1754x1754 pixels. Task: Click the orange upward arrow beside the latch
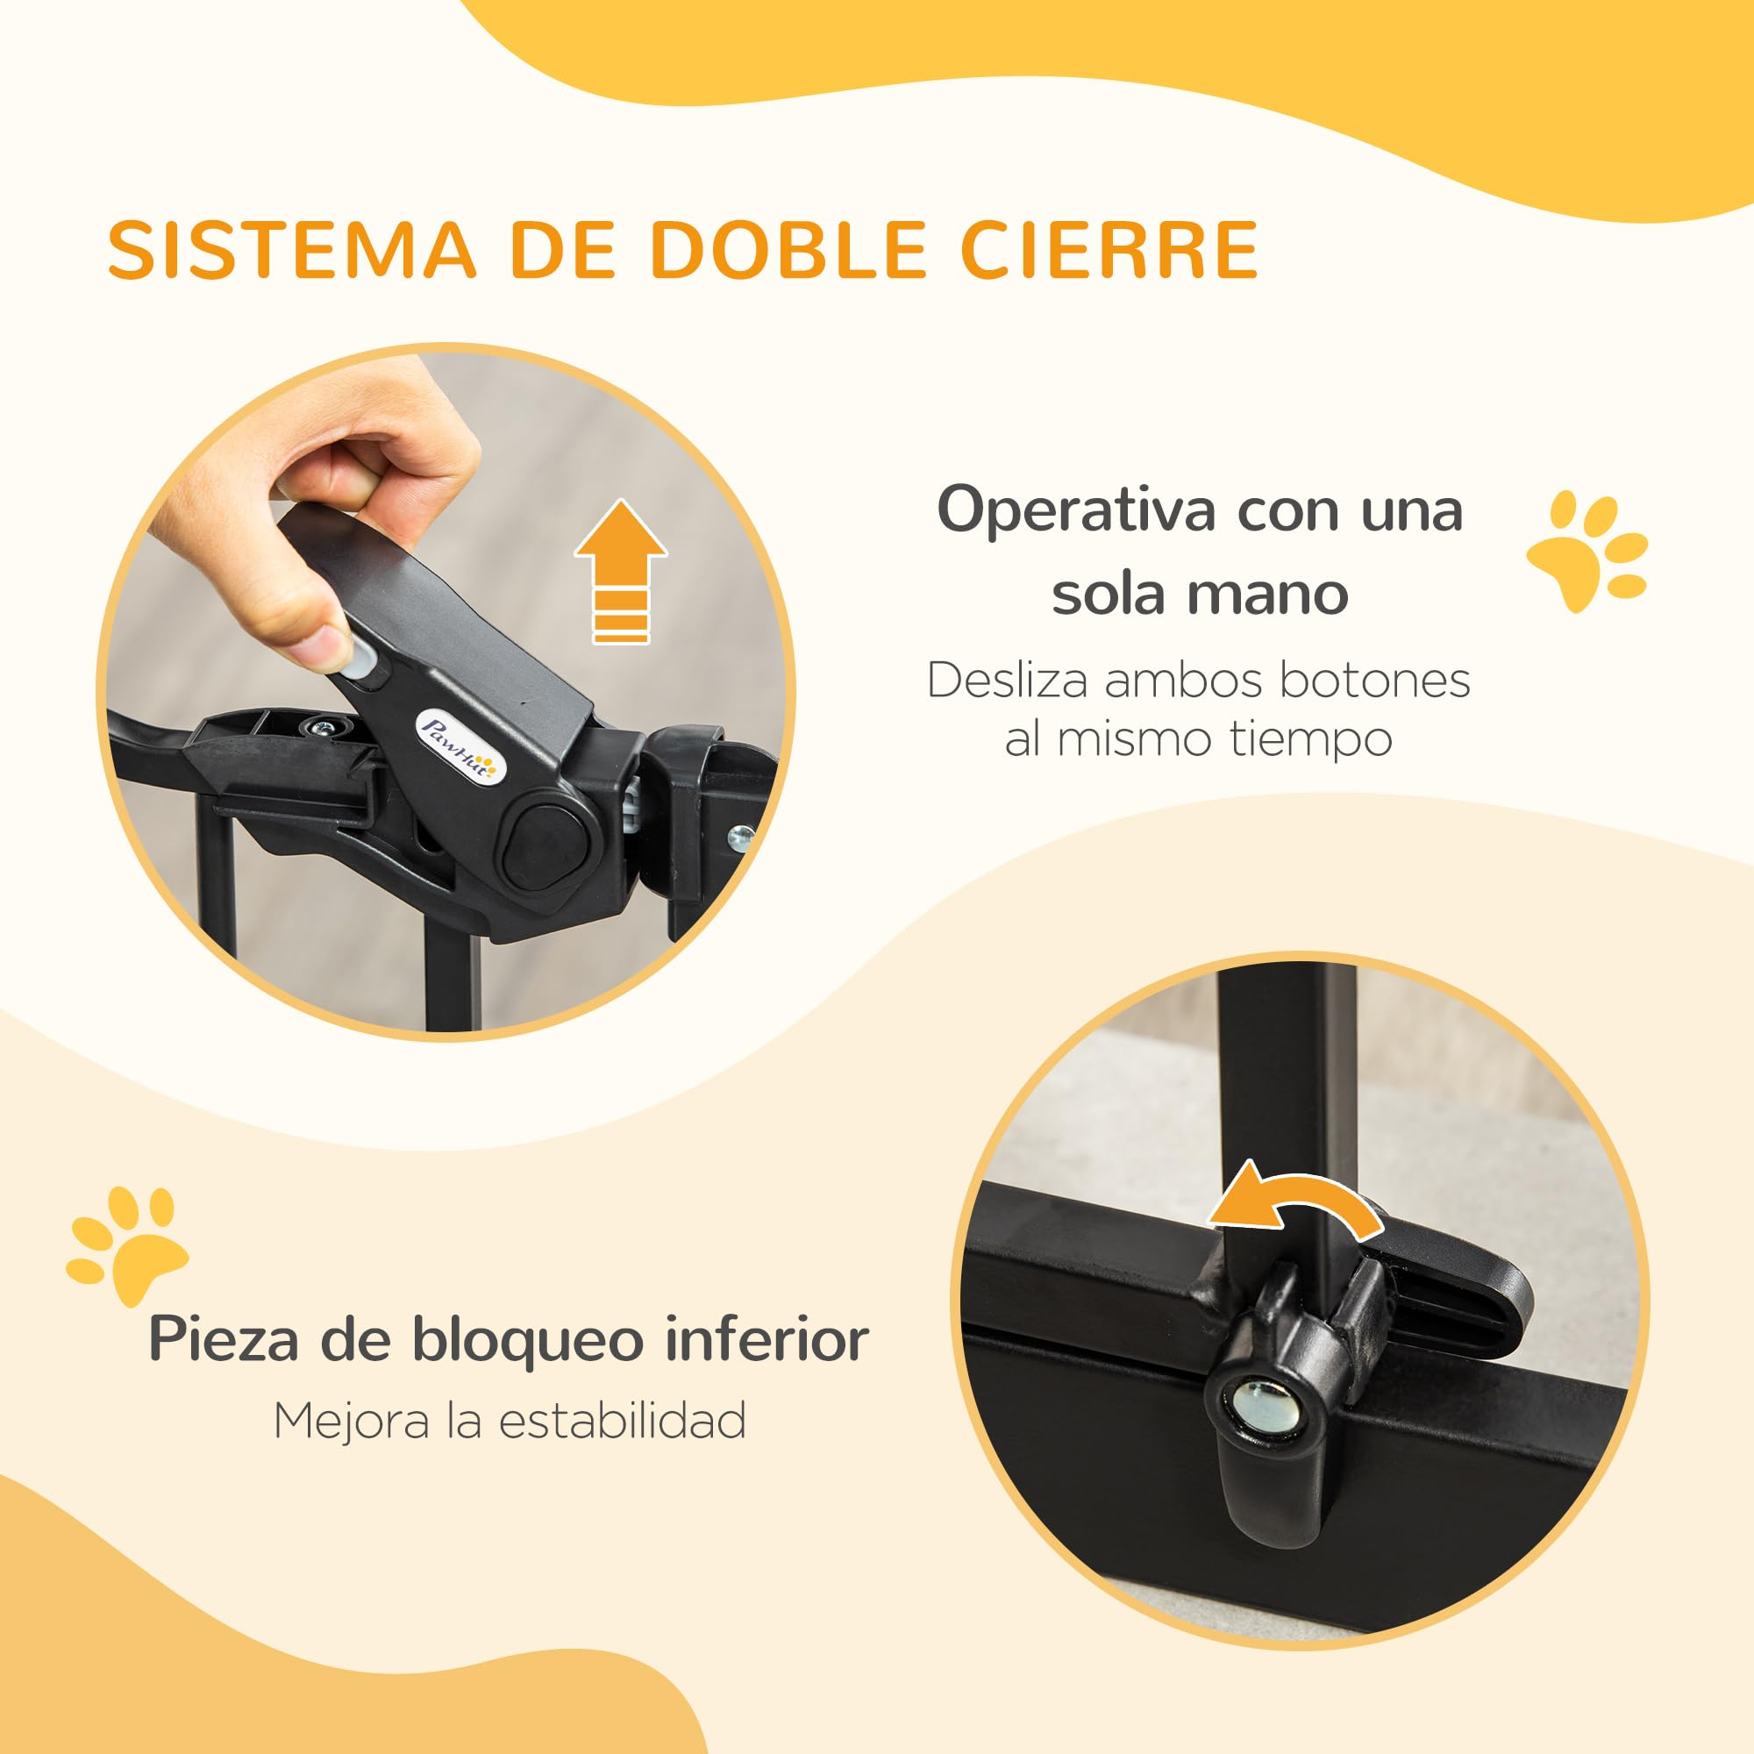pyautogui.click(x=621, y=572)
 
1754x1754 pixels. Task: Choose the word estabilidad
pyautogui.click(x=623, y=1421)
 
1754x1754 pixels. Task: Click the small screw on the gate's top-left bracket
pyautogui.click(x=318, y=726)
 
